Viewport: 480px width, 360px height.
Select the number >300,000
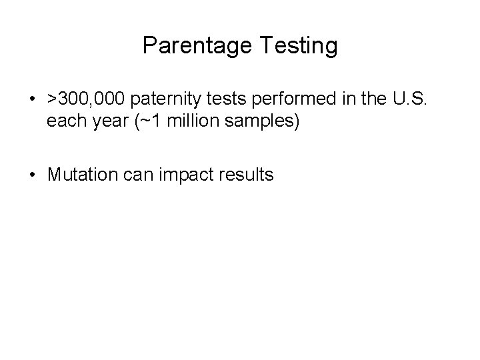tap(85, 100)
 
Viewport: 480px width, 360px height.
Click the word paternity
tap(163, 101)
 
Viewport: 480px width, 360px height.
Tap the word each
tap(63, 122)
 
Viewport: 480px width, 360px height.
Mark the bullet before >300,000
tap(33, 101)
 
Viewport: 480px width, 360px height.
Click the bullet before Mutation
tap(33, 176)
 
